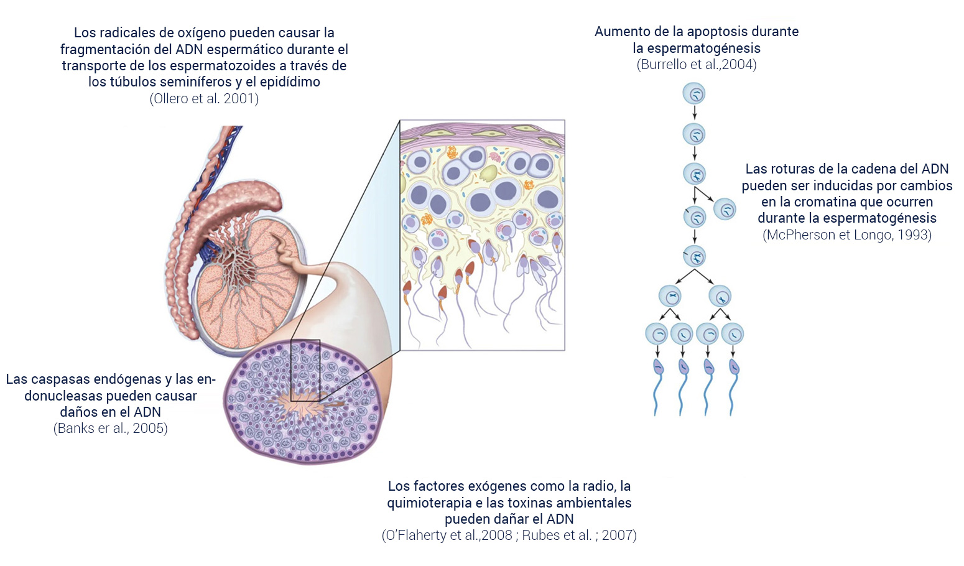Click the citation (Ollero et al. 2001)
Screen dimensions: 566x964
click(204, 98)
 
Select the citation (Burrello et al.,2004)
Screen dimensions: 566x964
click(697, 65)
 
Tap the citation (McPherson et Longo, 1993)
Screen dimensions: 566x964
click(847, 235)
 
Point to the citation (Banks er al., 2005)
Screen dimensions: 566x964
click(111, 429)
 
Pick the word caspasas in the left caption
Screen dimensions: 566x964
click(63, 379)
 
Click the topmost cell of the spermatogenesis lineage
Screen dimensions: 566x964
click(694, 94)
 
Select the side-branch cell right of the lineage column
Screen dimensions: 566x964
click(725, 209)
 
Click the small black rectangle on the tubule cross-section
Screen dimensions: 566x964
click(305, 370)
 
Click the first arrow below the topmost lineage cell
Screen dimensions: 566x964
click(694, 113)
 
